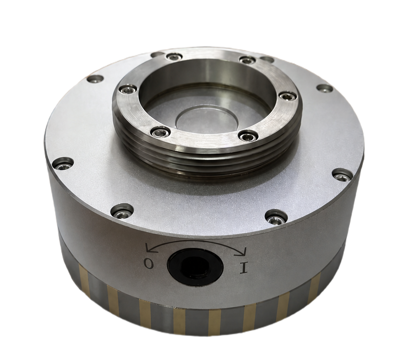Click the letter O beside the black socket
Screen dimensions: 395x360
pos(149,264)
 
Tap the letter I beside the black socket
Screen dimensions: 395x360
pos(244,268)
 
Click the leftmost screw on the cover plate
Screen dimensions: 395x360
pos(63,164)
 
